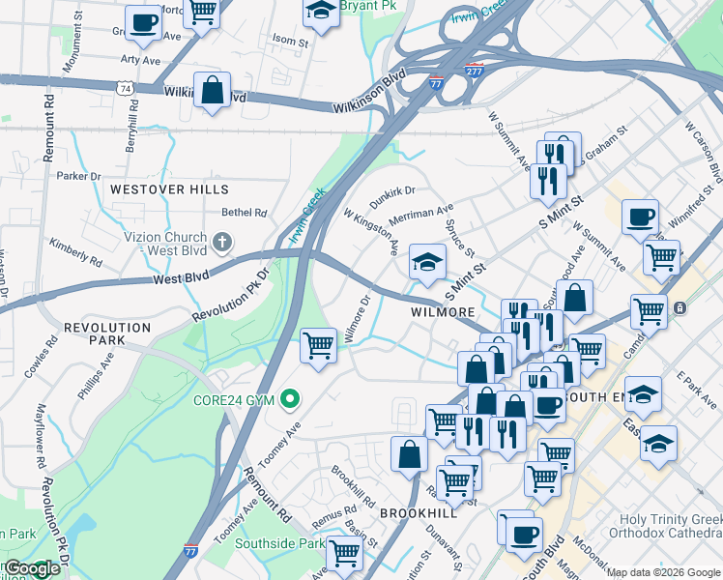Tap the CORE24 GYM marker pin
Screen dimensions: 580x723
point(289,399)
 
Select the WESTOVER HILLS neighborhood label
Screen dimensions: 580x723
point(169,189)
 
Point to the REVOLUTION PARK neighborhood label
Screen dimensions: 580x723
point(107,328)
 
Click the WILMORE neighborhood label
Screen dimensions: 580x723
point(442,312)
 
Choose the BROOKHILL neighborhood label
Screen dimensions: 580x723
point(418,512)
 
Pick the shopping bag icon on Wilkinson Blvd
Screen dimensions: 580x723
point(212,91)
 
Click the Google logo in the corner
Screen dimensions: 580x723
point(31,568)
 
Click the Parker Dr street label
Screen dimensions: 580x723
point(78,176)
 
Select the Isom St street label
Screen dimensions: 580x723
point(290,42)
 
